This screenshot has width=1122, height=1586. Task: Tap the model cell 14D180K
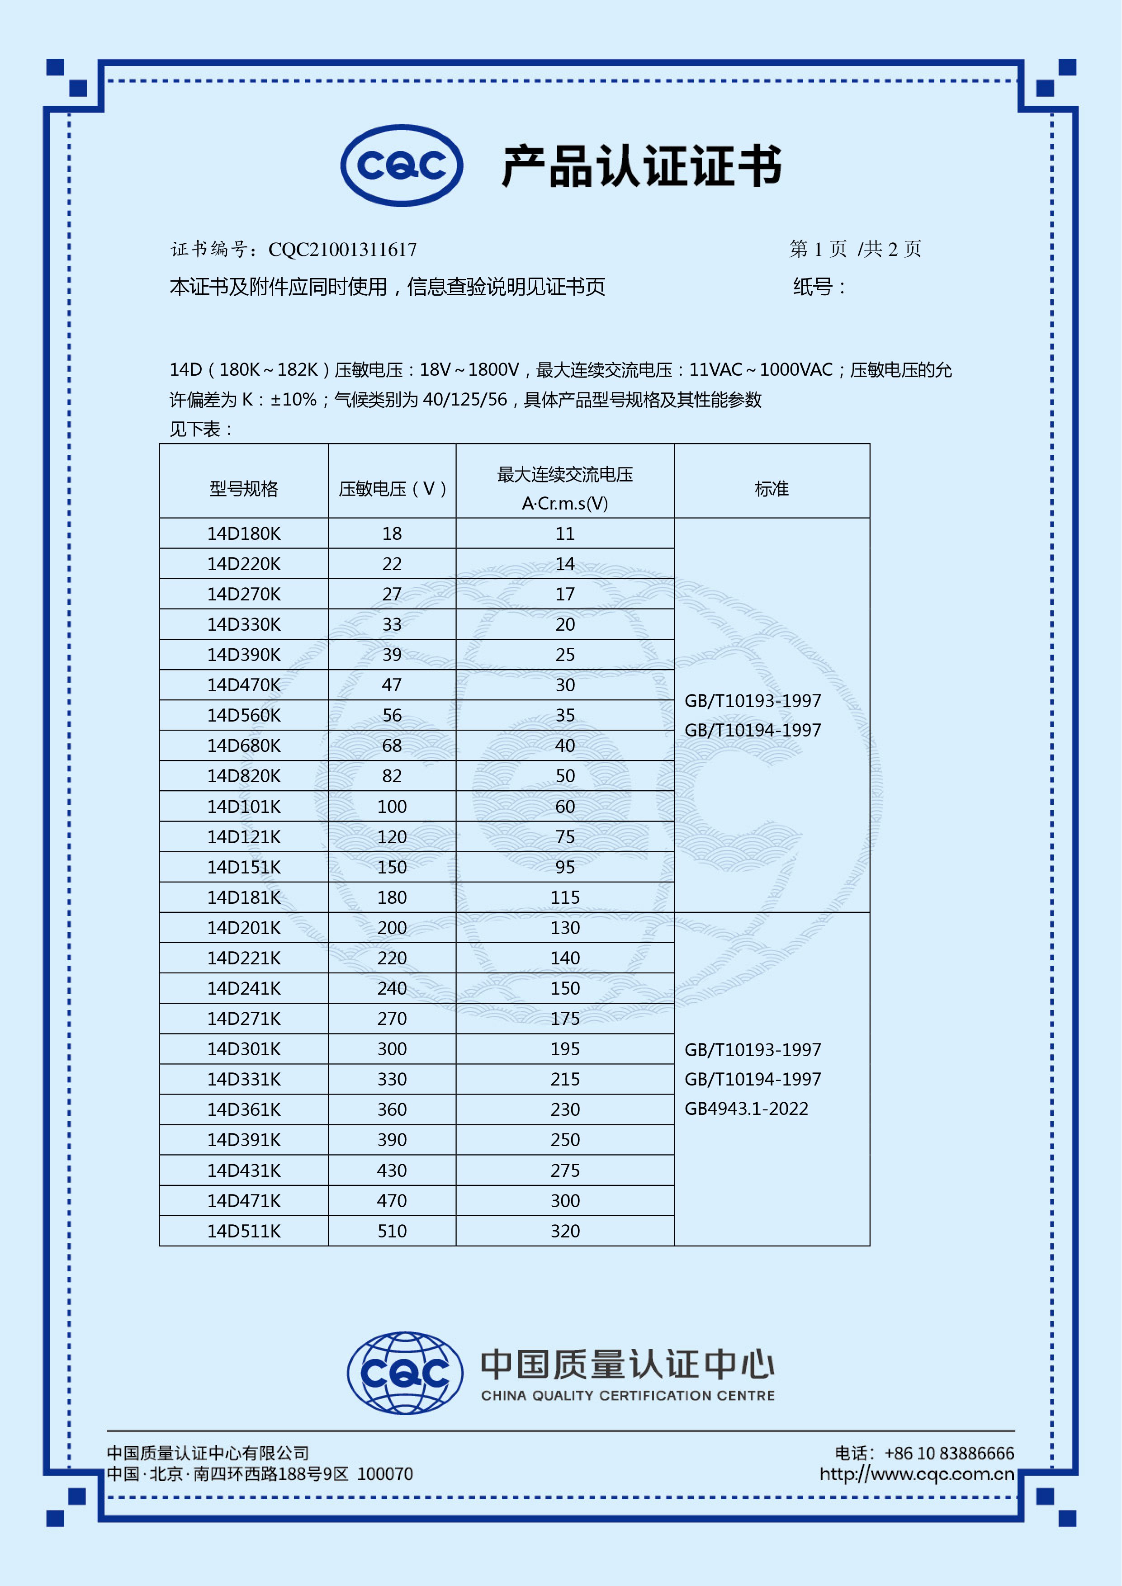[244, 533]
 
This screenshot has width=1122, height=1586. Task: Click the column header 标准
[771, 489]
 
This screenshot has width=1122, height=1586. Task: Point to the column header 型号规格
[244, 489]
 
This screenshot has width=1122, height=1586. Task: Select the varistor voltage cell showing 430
[392, 1170]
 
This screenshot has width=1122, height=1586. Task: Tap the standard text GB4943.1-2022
[746, 1109]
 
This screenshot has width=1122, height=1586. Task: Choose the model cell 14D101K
[244, 806]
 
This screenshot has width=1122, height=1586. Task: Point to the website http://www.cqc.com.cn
[917, 1474]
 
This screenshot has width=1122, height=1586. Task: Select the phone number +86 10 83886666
[949, 1454]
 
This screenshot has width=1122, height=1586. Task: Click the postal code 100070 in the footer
[385, 1474]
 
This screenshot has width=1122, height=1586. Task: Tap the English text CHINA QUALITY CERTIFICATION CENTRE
[628, 1395]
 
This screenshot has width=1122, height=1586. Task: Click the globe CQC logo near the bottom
[405, 1373]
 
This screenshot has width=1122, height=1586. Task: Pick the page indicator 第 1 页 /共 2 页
[855, 249]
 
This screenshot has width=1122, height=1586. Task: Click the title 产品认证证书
[641, 166]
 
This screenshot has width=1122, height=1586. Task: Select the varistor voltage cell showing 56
[392, 715]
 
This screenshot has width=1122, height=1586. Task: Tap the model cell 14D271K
[244, 1018]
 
